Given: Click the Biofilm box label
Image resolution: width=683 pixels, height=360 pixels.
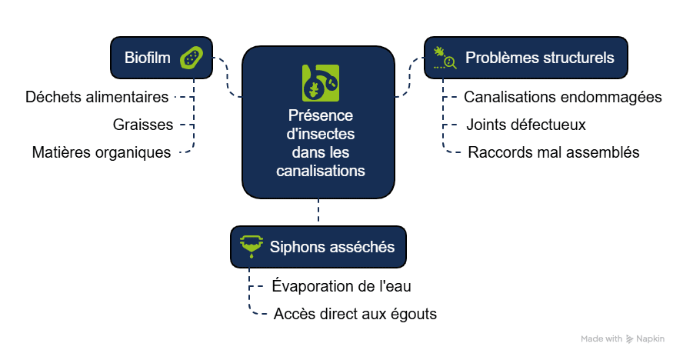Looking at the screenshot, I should point(148,57).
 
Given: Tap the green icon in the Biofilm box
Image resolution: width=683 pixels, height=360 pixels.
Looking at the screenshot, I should point(192,58).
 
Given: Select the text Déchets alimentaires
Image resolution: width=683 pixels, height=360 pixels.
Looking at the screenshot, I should point(97,98).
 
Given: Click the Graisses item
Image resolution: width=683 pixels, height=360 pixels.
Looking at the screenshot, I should point(143,125).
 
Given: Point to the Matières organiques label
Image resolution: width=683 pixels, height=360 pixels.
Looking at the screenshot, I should point(102,152).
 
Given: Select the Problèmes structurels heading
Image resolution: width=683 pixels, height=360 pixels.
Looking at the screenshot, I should point(540,58).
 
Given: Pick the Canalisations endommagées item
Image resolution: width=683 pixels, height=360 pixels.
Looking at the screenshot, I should point(563,98).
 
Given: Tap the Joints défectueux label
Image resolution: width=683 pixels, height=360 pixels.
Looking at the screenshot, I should point(526,125).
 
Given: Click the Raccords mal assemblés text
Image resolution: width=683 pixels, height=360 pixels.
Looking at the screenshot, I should point(554,152).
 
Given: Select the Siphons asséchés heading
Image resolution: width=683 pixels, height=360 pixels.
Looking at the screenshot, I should point(332,247).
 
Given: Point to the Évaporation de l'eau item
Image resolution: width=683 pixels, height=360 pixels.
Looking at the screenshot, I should point(342,287).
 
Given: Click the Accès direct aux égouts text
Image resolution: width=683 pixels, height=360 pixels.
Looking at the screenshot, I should point(355,314).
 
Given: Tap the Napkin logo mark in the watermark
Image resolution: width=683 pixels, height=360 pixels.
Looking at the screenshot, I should point(629,338).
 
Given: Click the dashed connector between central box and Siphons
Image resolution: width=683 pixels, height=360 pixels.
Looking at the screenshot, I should point(318,212).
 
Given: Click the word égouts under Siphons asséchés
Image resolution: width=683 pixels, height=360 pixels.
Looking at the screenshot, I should point(413,314).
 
